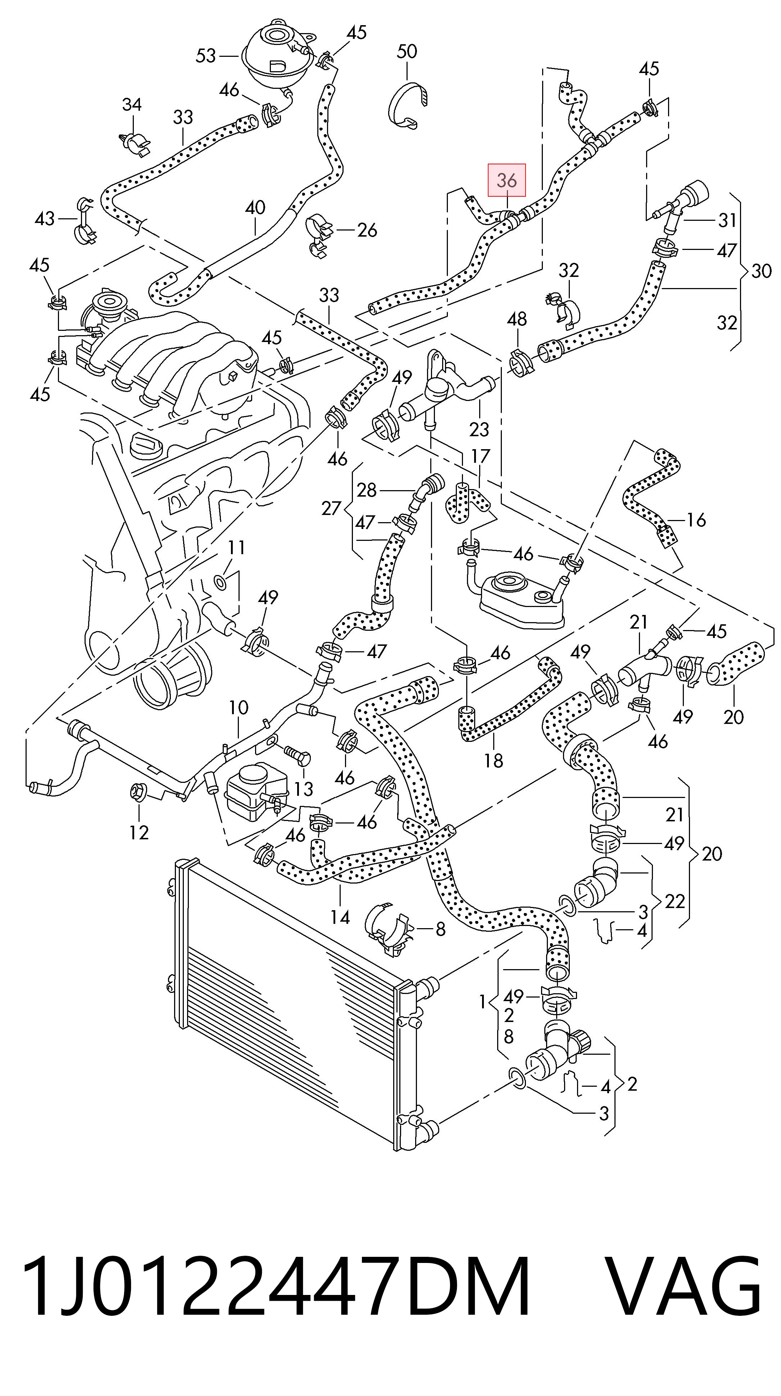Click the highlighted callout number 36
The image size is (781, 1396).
coord(507,180)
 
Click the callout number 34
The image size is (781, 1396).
coord(132,105)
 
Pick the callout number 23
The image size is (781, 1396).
coord(479,430)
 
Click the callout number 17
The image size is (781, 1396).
coord(481,456)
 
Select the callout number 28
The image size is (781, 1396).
coord(367,491)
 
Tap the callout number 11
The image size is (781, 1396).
coord(237,548)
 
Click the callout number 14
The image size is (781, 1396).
coord(340,917)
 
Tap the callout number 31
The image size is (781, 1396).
coord(727,220)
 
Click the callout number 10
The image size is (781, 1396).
coord(239,707)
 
